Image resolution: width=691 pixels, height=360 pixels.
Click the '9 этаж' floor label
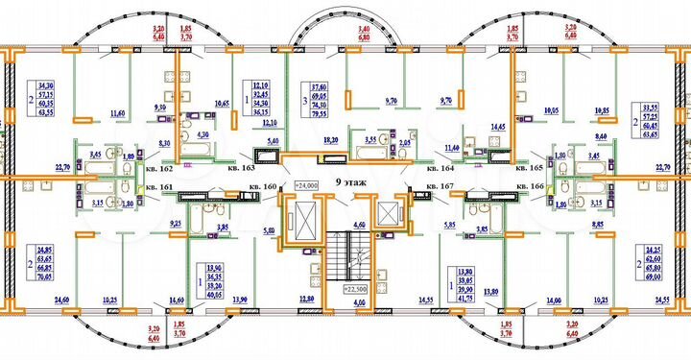348,180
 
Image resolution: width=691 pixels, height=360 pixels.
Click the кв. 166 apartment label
531,186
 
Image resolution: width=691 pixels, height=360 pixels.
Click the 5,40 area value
272,141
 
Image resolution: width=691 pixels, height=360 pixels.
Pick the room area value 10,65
222,103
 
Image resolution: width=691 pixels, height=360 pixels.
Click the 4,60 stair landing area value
359,225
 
